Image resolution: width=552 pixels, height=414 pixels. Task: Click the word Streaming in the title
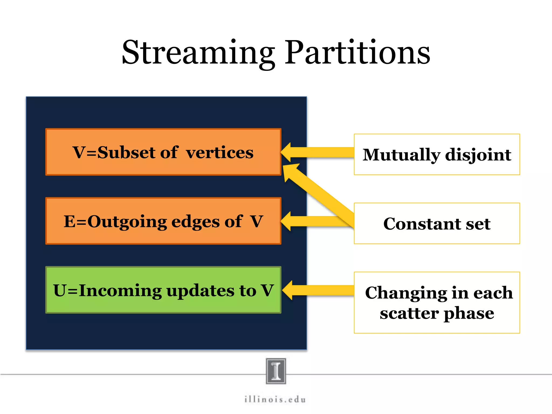(x=198, y=53)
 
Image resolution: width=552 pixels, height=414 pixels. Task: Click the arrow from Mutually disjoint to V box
(x=323, y=152)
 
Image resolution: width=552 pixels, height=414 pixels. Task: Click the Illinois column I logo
(x=276, y=371)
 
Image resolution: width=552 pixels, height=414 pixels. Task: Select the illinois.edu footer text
(x=275, y=399)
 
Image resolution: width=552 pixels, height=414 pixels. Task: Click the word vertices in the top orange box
(x=220, y=153)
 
